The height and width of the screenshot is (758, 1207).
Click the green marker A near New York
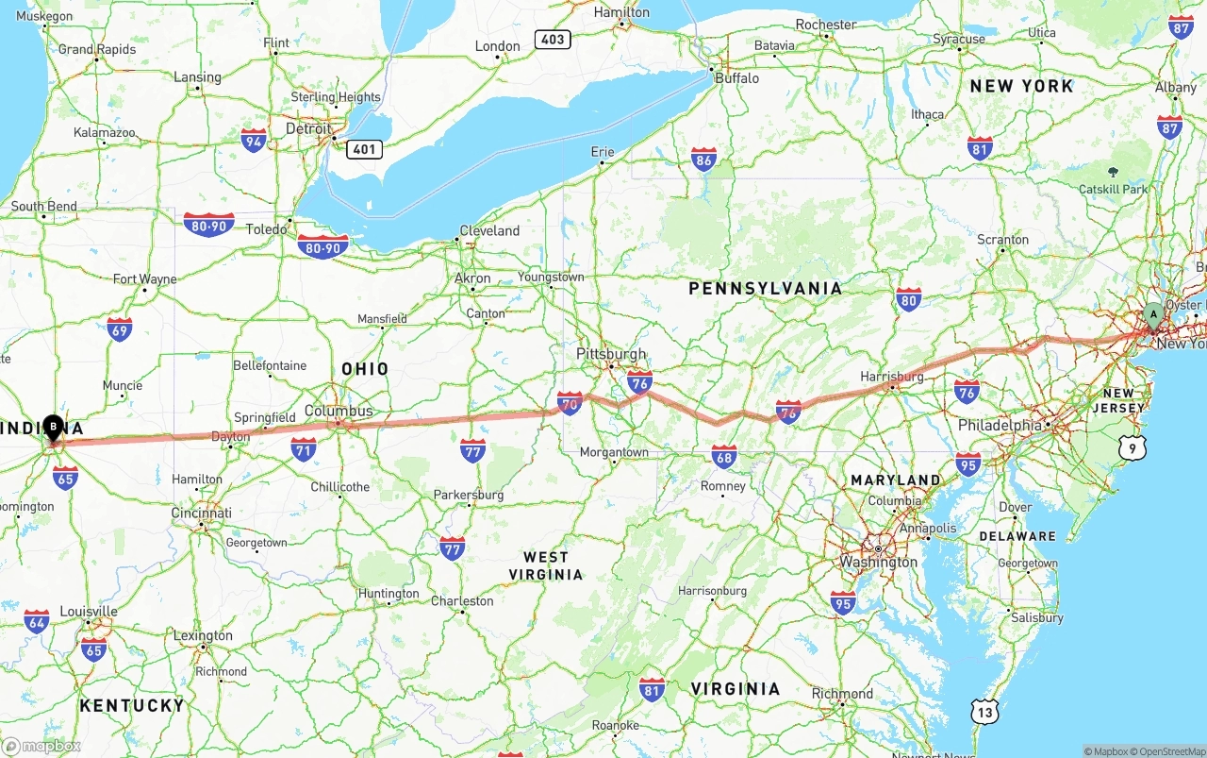(1152, 315)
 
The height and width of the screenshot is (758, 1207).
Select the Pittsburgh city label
(611, 354)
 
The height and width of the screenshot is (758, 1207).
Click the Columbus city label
(339, 411)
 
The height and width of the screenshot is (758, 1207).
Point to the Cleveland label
(489, 230)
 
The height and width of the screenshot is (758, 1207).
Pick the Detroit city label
(308, 128)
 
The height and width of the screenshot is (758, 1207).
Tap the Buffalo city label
(736, 78)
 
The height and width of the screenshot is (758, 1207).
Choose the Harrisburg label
(892, 377)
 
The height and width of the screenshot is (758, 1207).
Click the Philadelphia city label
(1000, 426)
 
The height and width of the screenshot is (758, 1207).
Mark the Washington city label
(879, 562)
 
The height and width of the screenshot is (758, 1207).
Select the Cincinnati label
(201, 513)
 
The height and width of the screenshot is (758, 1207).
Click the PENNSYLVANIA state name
(765, 289)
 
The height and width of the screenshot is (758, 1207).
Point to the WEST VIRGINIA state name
(546, 565)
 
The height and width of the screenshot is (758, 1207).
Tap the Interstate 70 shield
(570, 404)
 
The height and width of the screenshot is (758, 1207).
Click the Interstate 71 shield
(304, 450)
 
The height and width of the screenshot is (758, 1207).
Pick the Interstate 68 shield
(724, 458)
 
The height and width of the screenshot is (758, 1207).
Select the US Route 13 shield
(984, 712)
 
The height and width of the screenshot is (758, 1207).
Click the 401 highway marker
(363, 148)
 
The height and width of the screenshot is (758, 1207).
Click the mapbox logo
(41, 746)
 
